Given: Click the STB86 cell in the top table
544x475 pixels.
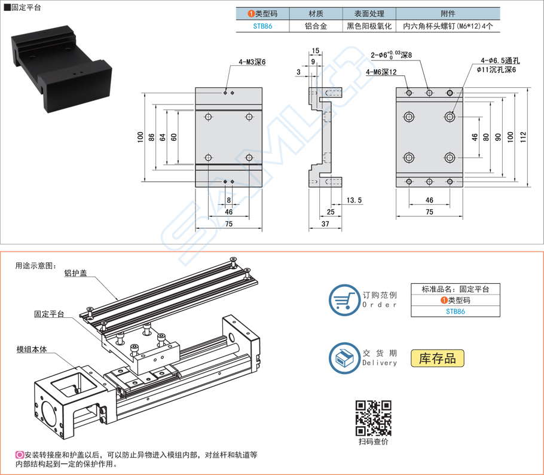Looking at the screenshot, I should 262,26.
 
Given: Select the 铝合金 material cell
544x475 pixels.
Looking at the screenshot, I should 316,26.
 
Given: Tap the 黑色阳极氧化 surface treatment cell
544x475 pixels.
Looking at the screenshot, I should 369,26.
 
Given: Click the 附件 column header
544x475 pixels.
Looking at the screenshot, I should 448,14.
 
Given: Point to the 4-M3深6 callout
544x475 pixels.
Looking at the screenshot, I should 252,62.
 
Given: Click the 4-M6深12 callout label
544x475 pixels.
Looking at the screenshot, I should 381,72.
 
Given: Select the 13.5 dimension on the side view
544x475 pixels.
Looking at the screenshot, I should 354,200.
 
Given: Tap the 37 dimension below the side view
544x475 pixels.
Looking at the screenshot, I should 325,223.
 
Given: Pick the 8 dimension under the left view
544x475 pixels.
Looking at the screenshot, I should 228,200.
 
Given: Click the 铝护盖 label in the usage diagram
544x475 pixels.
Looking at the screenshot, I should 75,274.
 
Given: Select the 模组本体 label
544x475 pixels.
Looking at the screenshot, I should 31,350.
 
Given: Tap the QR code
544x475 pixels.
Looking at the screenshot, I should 374,418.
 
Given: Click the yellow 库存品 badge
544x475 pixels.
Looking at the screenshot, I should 437,358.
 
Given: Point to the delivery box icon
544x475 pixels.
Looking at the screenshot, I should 343,358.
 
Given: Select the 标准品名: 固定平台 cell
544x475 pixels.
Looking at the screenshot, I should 455,289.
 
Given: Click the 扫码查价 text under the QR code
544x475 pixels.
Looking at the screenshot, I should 374,442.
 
